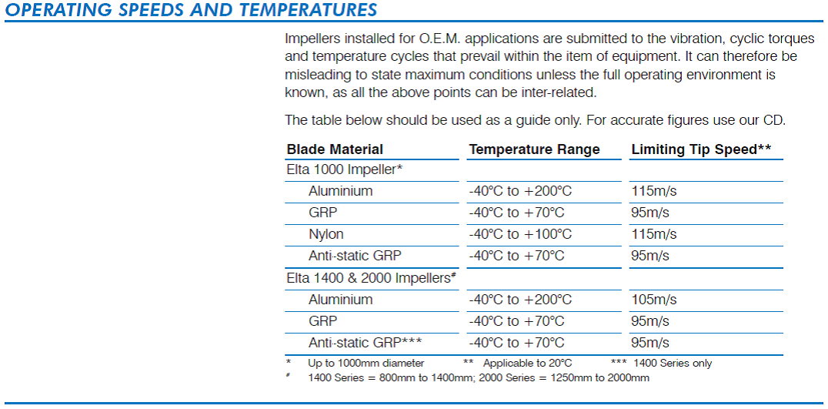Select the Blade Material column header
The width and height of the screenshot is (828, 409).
pos(335,149)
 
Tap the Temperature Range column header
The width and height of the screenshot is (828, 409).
pos(534,149)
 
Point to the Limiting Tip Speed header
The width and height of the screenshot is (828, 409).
pos(701,149)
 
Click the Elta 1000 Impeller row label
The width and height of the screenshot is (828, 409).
pos(345,169)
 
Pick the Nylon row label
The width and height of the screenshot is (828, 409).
pos(326,234)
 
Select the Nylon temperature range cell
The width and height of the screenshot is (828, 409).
pos(520,234)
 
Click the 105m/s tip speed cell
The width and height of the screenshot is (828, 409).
pos(654,300)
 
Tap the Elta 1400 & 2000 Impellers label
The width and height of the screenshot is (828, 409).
pos(371,278)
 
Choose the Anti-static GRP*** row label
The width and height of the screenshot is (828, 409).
pos(365,343)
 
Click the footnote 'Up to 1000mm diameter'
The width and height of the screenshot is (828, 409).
pos(366,364)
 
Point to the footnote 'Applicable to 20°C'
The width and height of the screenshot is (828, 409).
pos(528,364)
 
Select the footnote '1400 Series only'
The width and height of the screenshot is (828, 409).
pos(673,364)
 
